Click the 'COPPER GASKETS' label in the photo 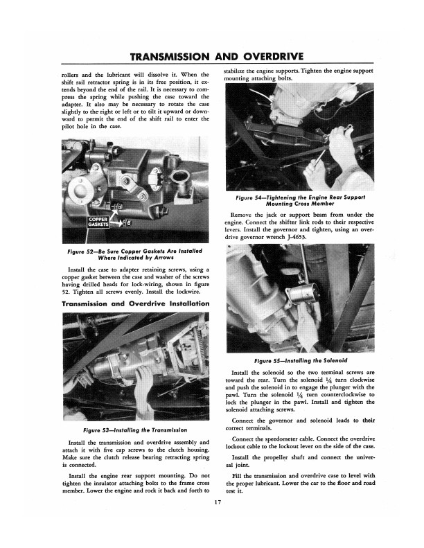(x=98, y=222)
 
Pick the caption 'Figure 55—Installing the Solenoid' (x=300, y=360)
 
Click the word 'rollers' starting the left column (x=73, y=74)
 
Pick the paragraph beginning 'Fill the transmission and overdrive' (x=300, y=485)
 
